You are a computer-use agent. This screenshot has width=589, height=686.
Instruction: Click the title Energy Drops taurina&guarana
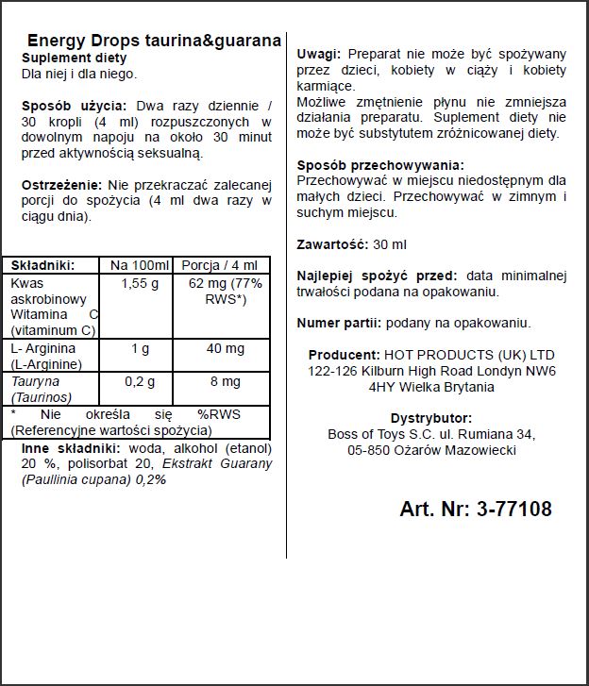point(154,41)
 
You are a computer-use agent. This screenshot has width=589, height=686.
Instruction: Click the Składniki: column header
point(42,265)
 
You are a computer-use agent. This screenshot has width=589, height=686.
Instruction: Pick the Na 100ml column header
point(139,265)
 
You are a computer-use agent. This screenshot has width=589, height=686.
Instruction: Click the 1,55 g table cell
point(139,283)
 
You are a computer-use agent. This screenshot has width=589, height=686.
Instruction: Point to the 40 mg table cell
point(225,348)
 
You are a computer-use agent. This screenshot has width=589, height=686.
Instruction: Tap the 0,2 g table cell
point(139,382)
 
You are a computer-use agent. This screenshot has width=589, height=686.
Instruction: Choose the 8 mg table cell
point(225,382)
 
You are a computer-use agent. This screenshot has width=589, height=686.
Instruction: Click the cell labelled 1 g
point(139,348)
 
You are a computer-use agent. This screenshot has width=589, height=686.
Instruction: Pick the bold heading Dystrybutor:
point(430,418)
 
